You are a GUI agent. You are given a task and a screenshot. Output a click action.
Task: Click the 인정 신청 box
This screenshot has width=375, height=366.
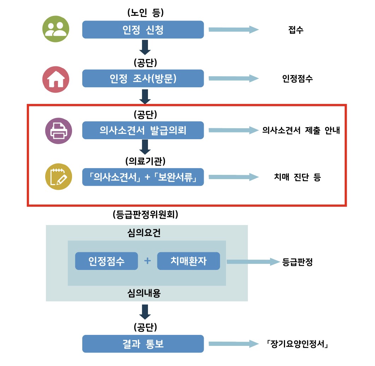[143, 30]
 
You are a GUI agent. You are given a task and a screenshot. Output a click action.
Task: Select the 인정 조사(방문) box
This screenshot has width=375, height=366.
[143, 78]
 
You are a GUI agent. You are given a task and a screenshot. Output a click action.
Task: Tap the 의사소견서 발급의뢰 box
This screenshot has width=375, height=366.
[143, 130]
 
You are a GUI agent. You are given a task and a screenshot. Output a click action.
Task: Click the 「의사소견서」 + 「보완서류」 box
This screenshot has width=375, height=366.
[143, 177]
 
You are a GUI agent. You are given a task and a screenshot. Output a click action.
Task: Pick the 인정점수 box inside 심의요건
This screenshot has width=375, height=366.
[106, 261]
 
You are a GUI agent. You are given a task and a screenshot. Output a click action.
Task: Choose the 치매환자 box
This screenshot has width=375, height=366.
[189, 261]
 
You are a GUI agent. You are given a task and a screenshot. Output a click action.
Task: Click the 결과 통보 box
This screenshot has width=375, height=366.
[143, 344]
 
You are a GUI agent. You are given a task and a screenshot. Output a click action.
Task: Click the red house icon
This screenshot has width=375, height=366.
[56, 79]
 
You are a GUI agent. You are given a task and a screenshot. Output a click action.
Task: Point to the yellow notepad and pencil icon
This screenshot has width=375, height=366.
[59, 177]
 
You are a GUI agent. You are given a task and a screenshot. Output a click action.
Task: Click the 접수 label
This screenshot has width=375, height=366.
[296, 30]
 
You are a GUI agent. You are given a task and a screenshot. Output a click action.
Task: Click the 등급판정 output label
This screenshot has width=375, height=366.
[298, 262]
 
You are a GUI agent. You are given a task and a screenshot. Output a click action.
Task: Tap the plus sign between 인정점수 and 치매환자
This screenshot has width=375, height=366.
[148, 261]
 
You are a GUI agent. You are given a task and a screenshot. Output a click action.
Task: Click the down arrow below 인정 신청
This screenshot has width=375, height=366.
[145, 47]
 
